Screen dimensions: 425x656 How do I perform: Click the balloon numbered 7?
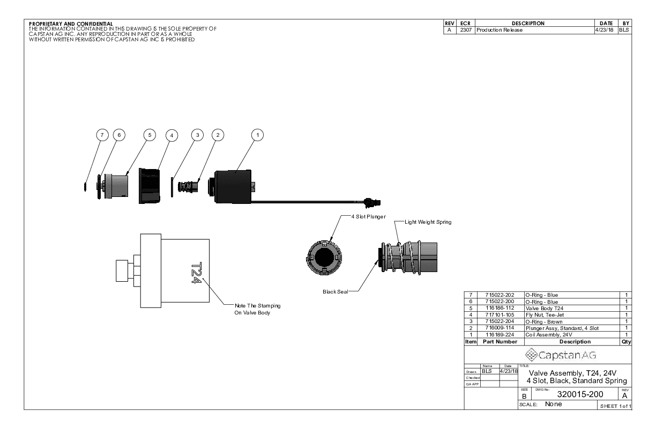(100, 136)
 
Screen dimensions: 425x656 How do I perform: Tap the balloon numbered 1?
(258, 136)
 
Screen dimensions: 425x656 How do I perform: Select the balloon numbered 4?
(172, 136)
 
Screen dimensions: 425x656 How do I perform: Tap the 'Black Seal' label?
(335, 292)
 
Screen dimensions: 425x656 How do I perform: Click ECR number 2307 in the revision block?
(463, 30)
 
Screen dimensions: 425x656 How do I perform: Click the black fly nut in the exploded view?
(150, 186)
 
